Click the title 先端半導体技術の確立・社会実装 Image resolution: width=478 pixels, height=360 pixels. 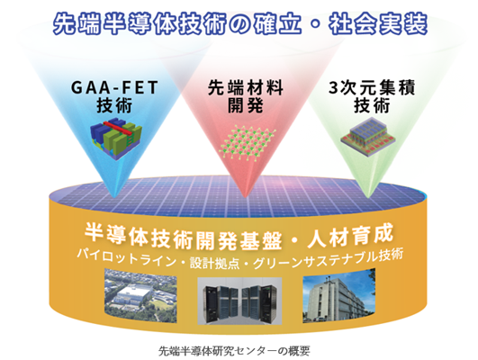[x=240, y=23]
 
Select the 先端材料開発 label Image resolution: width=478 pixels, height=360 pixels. [x=246, y=96]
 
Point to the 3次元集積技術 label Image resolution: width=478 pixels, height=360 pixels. [x=372, y=96]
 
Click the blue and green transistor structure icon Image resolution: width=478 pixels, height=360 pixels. [x=116, y=138]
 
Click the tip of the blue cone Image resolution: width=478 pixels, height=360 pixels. [x=114, y=197]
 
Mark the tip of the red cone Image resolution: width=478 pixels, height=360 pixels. [x=245, y=197]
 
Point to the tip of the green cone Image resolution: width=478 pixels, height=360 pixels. [x=368, y=197]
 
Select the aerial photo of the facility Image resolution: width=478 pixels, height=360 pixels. [x=140, y=295]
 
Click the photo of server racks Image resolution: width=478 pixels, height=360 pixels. [x=239, y=301]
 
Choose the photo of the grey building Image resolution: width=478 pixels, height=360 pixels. [x=338, y=295]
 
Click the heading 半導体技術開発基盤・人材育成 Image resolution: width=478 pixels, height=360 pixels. [x=239, y=238]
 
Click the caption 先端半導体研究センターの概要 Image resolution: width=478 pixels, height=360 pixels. [x=234, y=351]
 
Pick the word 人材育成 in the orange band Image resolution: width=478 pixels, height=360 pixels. [x=350, y=236]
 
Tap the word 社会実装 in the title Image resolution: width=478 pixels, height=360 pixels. [x=378, y=23]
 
